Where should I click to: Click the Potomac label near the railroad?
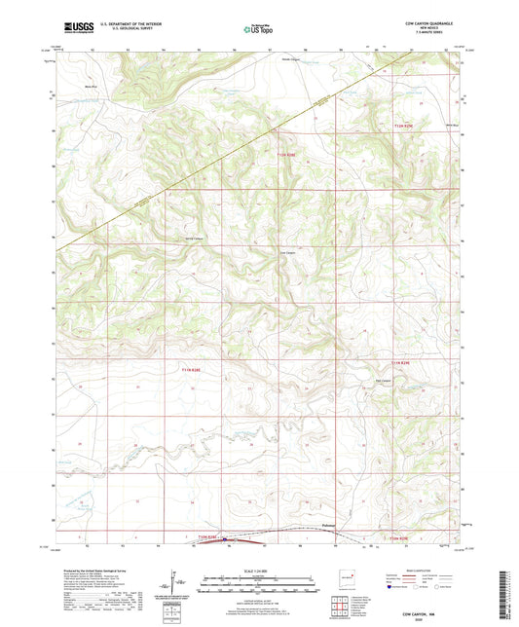click(x=332, y=527)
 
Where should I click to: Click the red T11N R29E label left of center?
click(x=196, y=368)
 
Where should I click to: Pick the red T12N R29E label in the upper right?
click(x=404, y=126)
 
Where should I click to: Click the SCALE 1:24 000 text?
click(x=258, y=570)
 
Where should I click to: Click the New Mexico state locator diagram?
click(x=343, y=578)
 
